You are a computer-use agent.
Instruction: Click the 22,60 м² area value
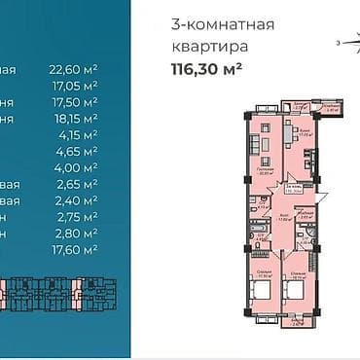[74, 68]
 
